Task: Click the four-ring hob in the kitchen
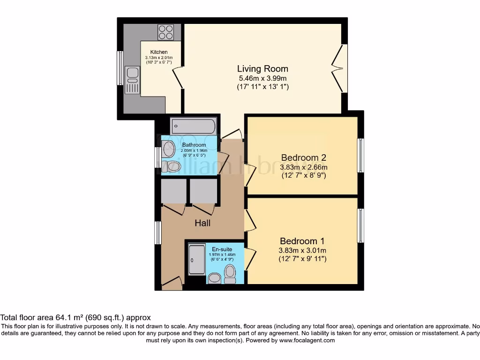coord(165,32)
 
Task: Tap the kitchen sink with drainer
coord(133,80)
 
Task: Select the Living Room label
coord(262,69)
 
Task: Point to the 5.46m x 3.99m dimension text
coord(262,78)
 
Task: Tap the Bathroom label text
coord(194,145)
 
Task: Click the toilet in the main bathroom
coord(172,166)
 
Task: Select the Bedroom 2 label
coord(303,157)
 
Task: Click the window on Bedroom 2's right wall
coord(360,156)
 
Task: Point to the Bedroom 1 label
coord(302,240)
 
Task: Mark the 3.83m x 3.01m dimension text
coord(303,250)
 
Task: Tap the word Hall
coord(202,224)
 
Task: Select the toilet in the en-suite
coord(230,274)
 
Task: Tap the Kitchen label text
coord(158,52)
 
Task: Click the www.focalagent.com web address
coord(307,340)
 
